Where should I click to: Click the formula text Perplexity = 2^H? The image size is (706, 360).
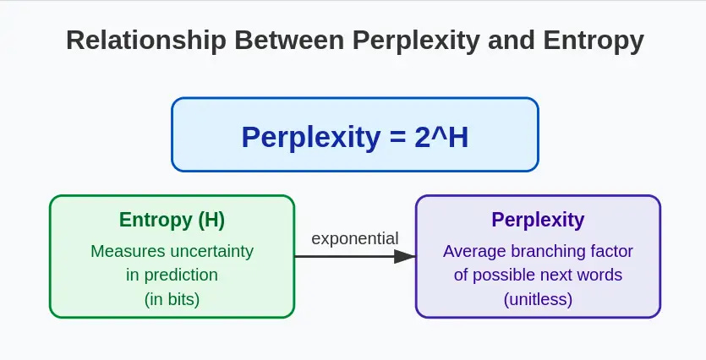point(354,137)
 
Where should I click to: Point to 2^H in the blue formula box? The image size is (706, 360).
point(441,137)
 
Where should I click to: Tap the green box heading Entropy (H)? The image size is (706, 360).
point(172,221)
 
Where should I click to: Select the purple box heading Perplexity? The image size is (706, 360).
point(538,221)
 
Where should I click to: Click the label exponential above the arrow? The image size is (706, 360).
point(354,238)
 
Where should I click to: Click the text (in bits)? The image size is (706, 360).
point(172,298)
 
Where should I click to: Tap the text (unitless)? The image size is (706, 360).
point(538,298)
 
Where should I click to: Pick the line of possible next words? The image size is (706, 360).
point(538,275)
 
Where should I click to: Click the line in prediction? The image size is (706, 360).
point(172,275)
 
